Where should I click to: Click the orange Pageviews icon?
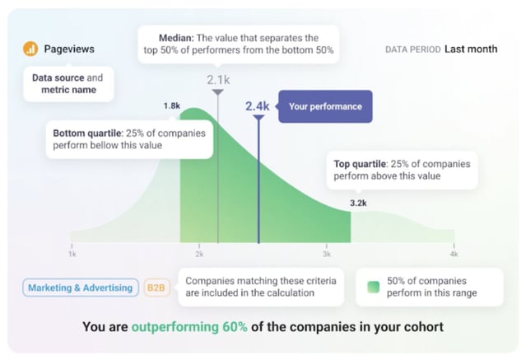click(30, 49)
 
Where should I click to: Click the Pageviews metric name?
click(68, 49)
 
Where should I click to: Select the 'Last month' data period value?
click(471, 49)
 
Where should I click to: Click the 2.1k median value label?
click(218, 80)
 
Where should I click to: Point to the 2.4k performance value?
click(258, 106)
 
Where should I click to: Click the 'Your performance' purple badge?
click(325, 106)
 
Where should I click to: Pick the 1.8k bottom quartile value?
click(171, 106)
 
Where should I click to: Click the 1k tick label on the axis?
click(72, 255)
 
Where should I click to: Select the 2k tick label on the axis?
click(199, 255)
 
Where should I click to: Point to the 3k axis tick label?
click(326, 255)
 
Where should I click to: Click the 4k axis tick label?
click(454, 255)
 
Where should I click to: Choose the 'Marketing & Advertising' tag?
click(80, 288)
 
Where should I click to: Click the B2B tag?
click(155, 288)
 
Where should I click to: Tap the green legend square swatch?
click(373, 287)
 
